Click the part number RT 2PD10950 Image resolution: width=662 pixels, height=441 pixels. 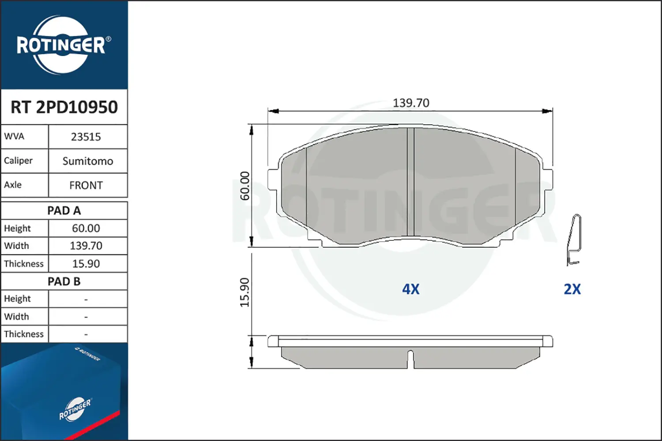pos(64,107)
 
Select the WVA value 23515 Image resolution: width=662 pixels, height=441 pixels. pos(86,137)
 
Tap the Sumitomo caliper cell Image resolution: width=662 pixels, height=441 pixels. pos(88,161)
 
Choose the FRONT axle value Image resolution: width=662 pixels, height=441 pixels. pos(86,185)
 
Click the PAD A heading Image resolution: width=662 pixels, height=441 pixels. pos(64,211)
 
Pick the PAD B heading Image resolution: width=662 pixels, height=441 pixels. pos(64,281)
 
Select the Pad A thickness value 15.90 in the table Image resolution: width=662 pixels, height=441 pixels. pos(86,263)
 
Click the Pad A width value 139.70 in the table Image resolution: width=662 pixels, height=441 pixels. pos(86,246)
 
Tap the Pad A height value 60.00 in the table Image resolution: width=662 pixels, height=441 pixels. pos(86,228)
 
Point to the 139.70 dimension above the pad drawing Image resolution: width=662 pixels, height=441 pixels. pos(411,103)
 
